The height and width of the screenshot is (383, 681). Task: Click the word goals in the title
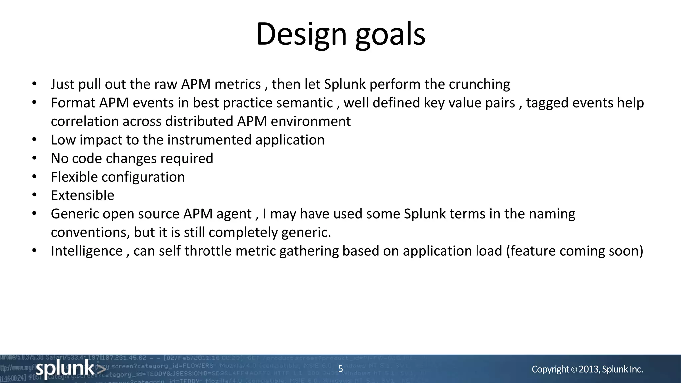(x=390, y=34)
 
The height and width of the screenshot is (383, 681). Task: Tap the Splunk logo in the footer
(x=70, y=369)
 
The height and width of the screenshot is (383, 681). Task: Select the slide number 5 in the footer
(x=340, y=369)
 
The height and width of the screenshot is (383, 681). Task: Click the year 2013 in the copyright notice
(x=589, y=369)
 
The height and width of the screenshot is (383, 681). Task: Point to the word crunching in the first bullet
(x=479, y=84)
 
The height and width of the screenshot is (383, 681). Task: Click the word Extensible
(x=82, y=195)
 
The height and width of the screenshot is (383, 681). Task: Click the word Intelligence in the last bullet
(x=86, y=251)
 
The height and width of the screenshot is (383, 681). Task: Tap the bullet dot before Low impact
(x=34, y=140)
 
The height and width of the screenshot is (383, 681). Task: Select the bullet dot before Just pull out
(x=34, y=84)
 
